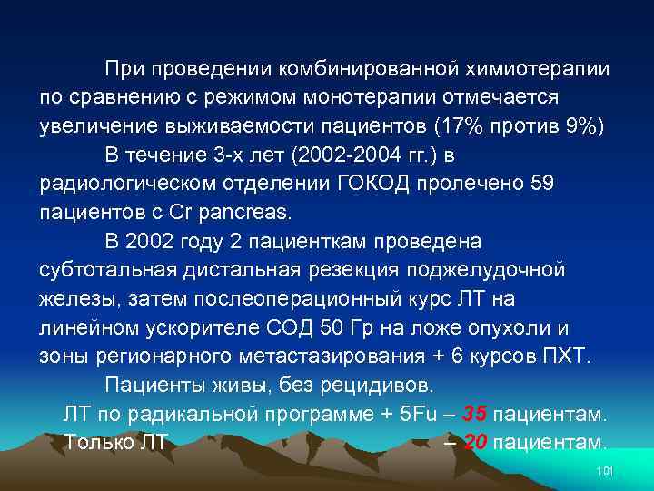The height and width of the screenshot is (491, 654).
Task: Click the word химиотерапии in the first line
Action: [x=544, y=69]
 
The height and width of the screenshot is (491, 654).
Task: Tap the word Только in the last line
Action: [x=96, y=443]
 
